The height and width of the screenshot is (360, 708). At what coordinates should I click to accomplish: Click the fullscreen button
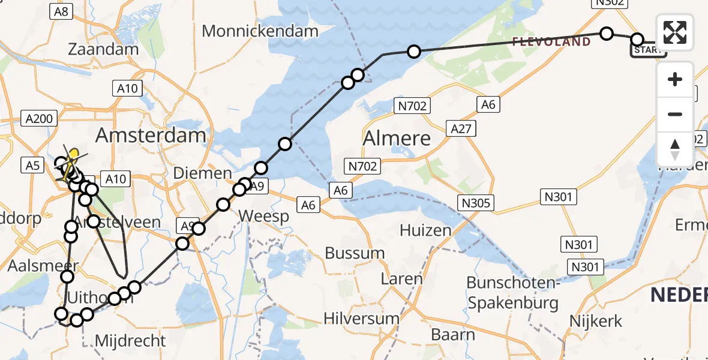tap(675, 32)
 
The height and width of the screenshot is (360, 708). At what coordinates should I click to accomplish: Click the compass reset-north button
tap(675, 149)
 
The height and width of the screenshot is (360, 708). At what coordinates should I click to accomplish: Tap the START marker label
tap(647, 50)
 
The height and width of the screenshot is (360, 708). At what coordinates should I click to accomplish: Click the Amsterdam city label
tap(151, 135)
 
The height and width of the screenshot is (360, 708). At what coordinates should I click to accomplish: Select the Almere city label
tap(397, 139)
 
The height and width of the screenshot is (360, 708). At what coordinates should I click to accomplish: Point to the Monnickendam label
tap(260, 31)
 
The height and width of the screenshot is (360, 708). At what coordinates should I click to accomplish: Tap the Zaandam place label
tap(104, 49)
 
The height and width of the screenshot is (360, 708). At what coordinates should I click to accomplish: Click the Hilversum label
tap(361, 317)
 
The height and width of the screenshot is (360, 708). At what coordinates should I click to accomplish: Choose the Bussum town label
tap(355, 253)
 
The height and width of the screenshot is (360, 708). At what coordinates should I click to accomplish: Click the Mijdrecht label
tap(131, 341)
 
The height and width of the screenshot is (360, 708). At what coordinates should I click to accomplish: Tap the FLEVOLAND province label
tap(551, 41)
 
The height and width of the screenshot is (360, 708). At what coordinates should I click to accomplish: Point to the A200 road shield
tap(40, 118)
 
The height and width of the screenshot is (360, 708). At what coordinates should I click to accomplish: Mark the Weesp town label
tap(263, 216)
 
